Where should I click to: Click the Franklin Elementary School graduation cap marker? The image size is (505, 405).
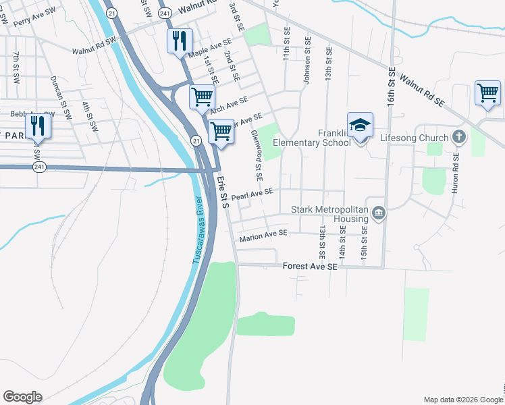361,126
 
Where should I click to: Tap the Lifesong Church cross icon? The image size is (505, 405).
459,138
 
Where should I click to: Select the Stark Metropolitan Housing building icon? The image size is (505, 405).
378,214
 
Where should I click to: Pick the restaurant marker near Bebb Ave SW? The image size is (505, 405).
37,126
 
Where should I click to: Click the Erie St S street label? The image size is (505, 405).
222,192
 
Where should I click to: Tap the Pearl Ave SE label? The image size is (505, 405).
252,195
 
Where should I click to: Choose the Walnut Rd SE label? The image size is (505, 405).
422,90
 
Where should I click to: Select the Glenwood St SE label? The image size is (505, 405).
257,156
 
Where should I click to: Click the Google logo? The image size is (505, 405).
22,397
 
